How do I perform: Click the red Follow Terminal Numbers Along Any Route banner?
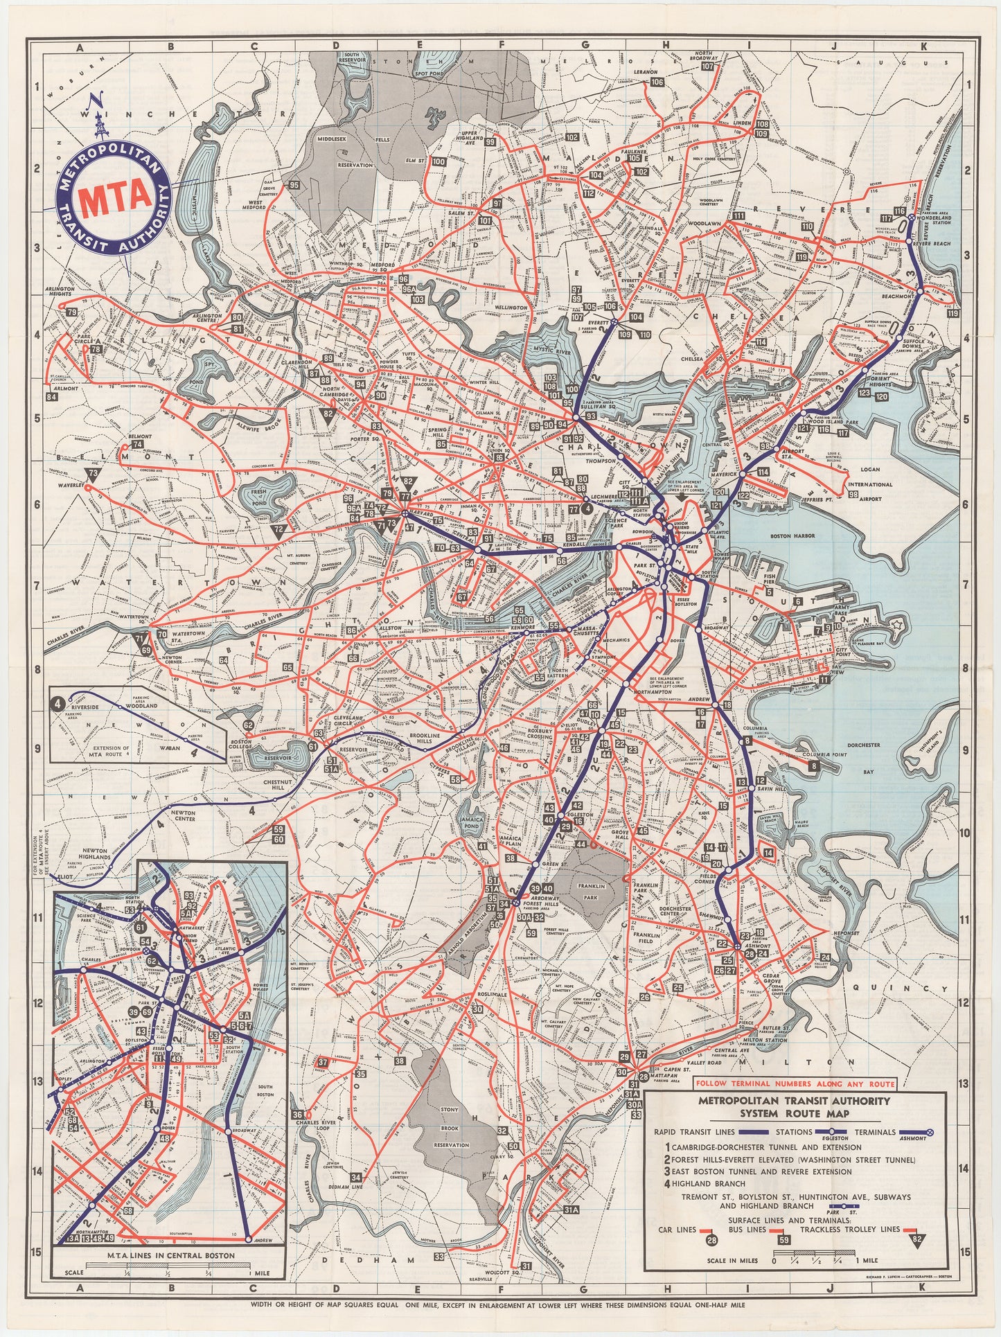[795, 1083]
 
